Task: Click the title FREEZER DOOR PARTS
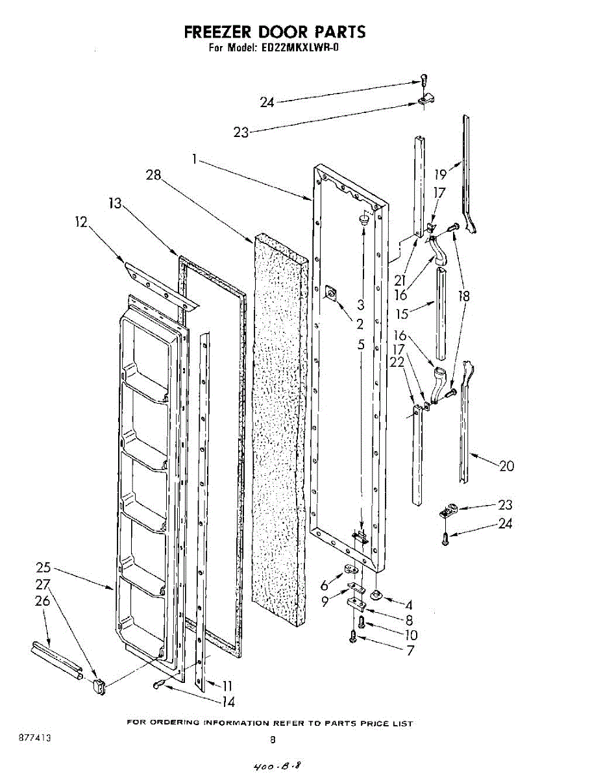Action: click(275, 32)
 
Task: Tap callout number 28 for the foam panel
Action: click(154, 175)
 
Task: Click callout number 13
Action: click(114, 203)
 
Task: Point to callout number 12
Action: click(81, 222)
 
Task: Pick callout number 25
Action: click(43, 568)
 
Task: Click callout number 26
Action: click(43, 601)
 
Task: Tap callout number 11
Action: click(227, 686)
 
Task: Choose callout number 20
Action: click(507, 465)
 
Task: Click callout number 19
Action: click(441, 174)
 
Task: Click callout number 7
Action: click(410, 650)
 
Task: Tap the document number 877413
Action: click(36, 739)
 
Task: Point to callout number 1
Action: click(195, 158)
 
